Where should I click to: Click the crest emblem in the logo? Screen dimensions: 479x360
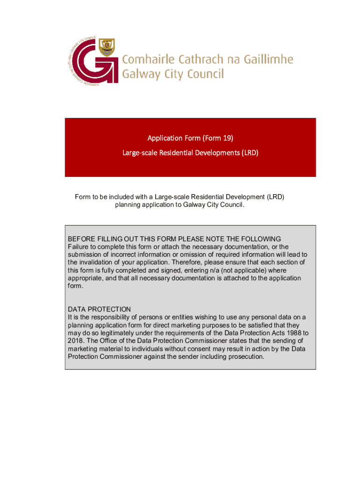point(107,47)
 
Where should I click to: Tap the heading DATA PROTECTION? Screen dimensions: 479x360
point(99,310)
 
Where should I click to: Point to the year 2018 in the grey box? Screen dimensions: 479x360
point(76,341)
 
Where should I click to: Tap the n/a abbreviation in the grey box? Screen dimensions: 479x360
point(219,270)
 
